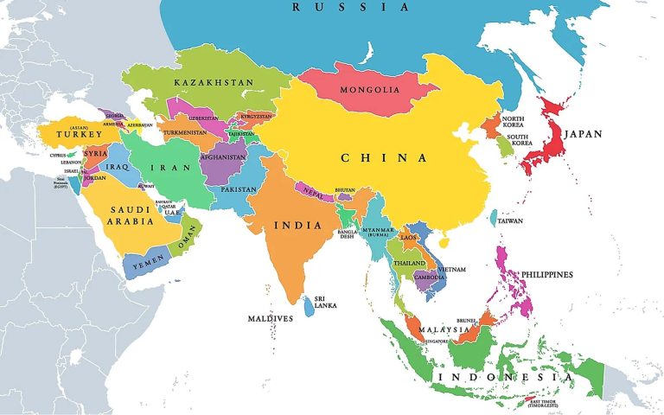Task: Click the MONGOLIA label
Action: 369,90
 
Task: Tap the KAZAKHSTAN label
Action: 214,82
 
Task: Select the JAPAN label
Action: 583,134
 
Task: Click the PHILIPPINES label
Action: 546,274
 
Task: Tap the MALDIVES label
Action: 270,318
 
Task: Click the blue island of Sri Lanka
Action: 309,306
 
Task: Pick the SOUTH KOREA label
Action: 518,141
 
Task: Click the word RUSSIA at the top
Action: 339,7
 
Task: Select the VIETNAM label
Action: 451,270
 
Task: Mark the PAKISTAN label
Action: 239,189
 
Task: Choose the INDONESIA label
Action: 506,378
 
